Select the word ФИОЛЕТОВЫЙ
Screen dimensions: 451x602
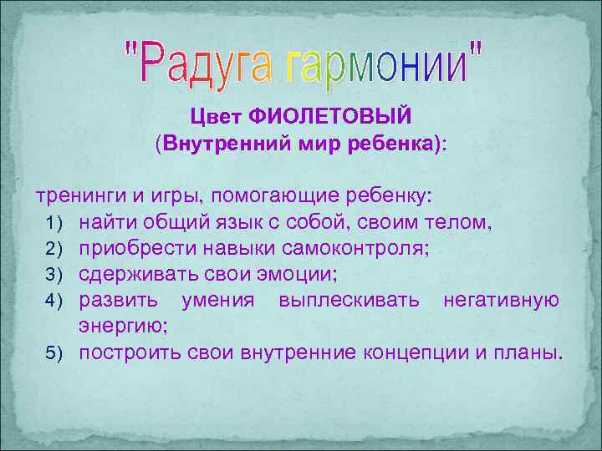pos(341,112)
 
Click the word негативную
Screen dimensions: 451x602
pos(502,300)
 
